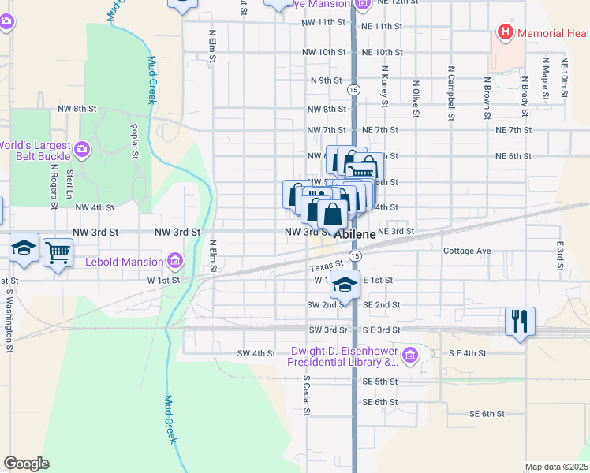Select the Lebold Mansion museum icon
click(175, 260)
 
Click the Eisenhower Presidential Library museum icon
click(409, 356)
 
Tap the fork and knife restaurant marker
click(520, 321)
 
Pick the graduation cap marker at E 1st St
click(345, 285)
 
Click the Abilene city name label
click(355, 235)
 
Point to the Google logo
click(26, 464)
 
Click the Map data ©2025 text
click(556, 467)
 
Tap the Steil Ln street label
click(70, 183)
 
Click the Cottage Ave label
click(467, 251)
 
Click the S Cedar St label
click(307, 394)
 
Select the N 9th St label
click(326, 80)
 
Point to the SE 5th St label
click(380, 382)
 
